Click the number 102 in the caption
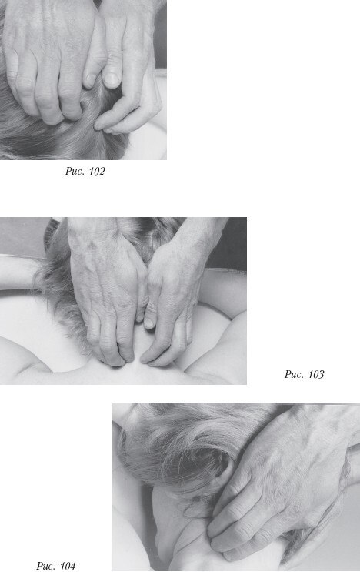[96, 171]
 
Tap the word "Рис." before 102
[75, 171]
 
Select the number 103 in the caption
[315, 374]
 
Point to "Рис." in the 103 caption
[295, 374]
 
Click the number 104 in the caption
[68, 566]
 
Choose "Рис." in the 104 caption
[46, 566]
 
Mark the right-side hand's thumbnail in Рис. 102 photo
[111, 79]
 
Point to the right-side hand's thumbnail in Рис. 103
[148, 323]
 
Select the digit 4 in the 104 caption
[72, 566]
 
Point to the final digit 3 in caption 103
[320, 374]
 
